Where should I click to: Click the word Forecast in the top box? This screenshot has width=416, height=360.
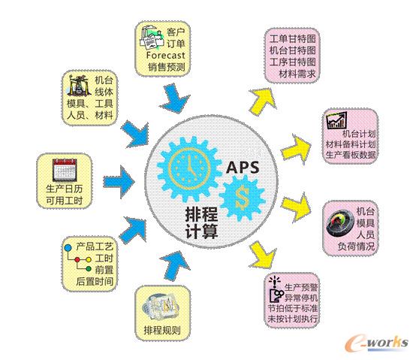(x=165, y=55)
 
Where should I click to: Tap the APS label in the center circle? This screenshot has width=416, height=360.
(x=243, y=168)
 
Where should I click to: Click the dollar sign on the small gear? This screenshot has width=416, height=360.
(x=243, y=198)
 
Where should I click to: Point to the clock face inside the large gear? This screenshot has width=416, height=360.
(x=190, y=168)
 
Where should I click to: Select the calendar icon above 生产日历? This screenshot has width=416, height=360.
(x=65, y=169)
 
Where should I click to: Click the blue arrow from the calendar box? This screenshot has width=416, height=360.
(x=118, y=182)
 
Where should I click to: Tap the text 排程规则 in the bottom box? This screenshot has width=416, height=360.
(x=162, y=330)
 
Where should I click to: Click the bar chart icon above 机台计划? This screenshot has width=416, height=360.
(x=336, y=120)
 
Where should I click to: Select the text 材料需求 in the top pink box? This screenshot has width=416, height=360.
(x=297, y=74)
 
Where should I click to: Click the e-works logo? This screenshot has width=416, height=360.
(x=376, y=343)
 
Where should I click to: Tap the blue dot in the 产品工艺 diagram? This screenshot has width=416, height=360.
(x=68, y=247)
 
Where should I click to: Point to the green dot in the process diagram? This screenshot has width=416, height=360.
(x=89, y=268)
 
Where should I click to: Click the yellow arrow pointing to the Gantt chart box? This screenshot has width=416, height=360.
(x=263, y=101)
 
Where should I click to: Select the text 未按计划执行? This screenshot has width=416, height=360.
(x=293, y=319)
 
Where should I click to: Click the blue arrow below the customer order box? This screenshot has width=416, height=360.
(x=173, y=98)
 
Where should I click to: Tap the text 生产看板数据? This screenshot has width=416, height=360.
(x=351, y=155)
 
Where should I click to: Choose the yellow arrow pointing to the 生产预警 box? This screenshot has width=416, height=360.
(x=262, y=255)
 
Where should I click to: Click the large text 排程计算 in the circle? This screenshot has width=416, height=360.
(x=202, y=222)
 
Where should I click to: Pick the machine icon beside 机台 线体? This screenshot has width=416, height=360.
(x=78, y=85)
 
